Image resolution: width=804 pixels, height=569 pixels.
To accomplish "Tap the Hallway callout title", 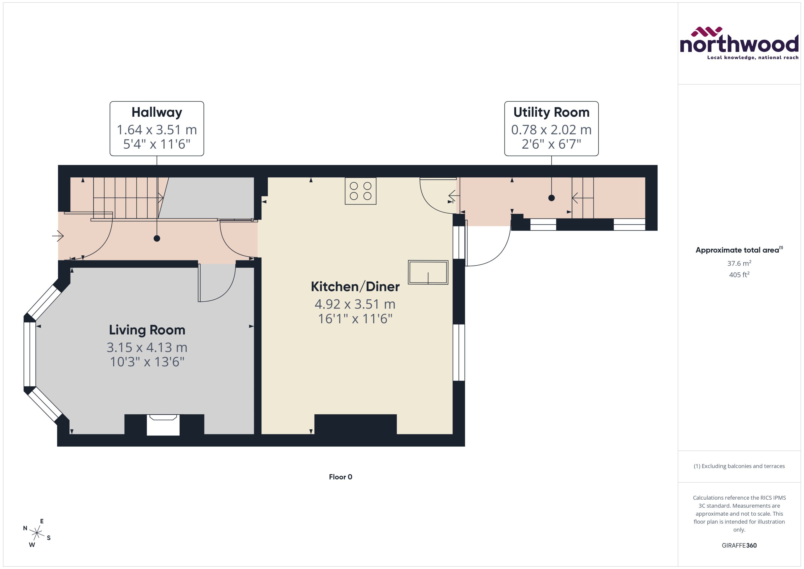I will click(x=157, y=112).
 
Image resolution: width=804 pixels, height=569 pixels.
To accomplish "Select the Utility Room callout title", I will click(x=551, y=112).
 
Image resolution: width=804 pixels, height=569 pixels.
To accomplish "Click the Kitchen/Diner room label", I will click(x=355, y=287).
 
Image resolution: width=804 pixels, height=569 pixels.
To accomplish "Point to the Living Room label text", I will click(x=147, y=330).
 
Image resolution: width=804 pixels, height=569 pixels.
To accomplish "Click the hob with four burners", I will click(x=360, y=191).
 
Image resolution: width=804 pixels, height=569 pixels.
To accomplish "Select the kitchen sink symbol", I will click(x=428, y=272).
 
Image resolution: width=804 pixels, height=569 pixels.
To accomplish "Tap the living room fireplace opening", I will click(x=163, y=425).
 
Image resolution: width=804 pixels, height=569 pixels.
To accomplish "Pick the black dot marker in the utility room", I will click(x=551, y=198).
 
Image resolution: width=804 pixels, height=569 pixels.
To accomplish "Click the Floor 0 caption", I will click(x=340, y=477).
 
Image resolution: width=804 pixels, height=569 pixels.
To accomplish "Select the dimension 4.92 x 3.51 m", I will click(x=355, y=304).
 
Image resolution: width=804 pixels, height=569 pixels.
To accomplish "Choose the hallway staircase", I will click(x=126, y=198).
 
